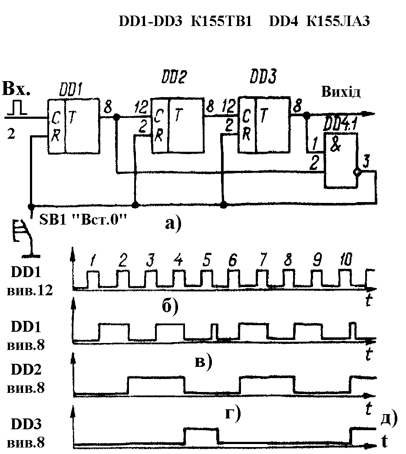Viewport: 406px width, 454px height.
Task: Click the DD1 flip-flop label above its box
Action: tap(71, 90)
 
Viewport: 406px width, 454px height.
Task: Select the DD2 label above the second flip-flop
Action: tap(174, 77)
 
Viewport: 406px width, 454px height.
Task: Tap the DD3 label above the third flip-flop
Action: tap(263, 76)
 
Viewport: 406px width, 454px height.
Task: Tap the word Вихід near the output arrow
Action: tap(341, 92)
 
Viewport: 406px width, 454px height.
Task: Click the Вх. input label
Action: tap(16, 88)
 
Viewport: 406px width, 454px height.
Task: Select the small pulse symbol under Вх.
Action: tap(17, 108)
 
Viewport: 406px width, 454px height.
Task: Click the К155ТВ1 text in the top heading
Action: tap(221, 21)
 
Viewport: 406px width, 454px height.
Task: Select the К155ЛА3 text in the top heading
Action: tap(338, 21)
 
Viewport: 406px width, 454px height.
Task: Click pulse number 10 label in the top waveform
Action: tap(346, 259)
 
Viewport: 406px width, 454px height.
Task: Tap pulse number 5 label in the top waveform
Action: tap(206, 260)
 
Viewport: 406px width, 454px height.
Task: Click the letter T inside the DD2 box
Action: tap(178, 115)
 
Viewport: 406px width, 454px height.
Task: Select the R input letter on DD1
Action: tap(56, 135)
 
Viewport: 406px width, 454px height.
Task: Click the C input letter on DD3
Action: tap(246, 116)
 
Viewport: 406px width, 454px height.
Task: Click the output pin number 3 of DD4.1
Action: tap(366, 162)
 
